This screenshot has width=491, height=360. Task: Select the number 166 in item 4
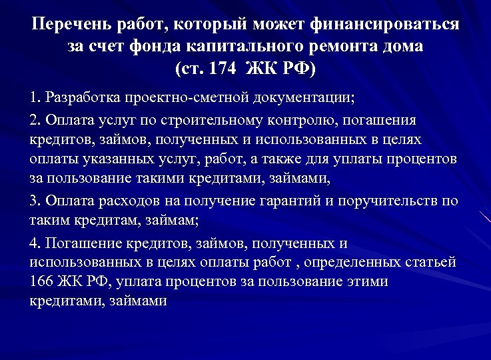[x=41, y=281]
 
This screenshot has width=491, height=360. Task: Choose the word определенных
[x=322, y=262]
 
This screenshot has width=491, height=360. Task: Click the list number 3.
[x=35, y=201]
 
